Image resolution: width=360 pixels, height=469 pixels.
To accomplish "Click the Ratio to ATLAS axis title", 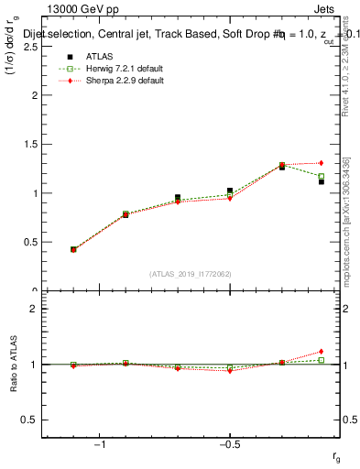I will point(12,364).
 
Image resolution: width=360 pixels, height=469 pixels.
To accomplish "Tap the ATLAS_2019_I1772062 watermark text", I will point(191,273).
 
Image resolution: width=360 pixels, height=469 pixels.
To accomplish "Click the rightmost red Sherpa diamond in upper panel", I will point(321,163).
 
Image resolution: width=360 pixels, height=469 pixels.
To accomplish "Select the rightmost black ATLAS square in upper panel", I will point(321,181).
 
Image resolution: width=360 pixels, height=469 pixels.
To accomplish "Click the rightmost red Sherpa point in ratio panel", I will point(321,351).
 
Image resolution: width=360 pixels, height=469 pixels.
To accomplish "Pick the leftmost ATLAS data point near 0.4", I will point(73,249).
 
